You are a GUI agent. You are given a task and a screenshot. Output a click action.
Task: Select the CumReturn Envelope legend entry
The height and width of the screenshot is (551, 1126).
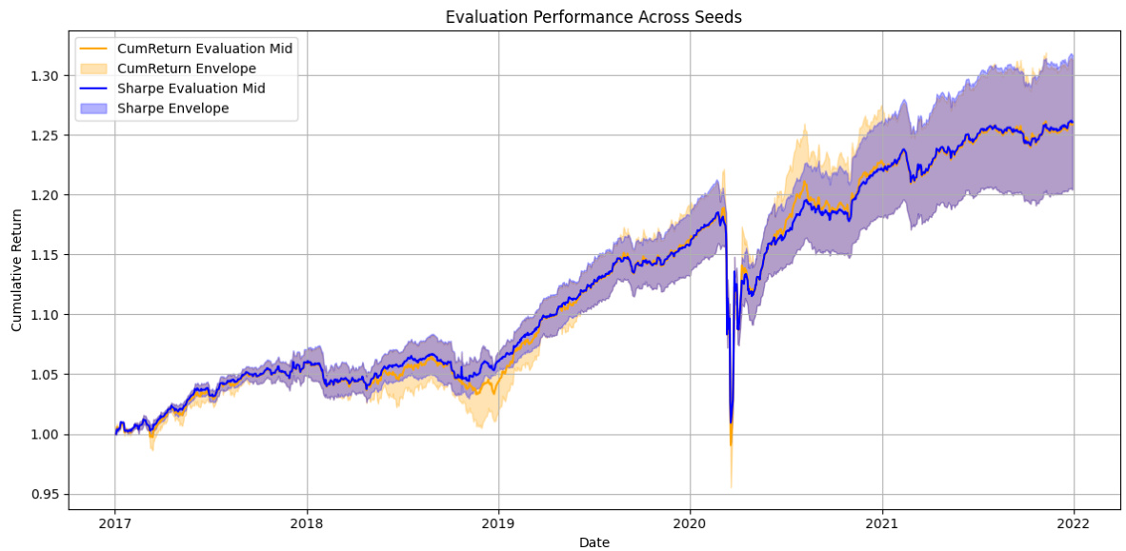186,68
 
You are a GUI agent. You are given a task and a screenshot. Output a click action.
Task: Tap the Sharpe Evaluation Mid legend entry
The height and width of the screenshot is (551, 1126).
191,88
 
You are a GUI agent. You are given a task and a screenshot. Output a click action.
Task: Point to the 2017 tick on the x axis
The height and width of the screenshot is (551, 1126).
115,522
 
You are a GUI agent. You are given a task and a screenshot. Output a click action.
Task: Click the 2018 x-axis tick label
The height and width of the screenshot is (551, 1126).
307,522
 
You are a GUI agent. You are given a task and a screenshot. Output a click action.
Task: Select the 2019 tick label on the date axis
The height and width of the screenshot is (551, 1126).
498,522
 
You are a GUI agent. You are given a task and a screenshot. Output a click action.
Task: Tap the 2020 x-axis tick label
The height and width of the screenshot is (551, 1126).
690,522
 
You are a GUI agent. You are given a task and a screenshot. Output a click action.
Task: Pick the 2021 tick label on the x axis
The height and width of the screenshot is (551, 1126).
882,522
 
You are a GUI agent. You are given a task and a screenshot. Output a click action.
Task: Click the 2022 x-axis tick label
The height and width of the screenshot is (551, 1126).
1074,522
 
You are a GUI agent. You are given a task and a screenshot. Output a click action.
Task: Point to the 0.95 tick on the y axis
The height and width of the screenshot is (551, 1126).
45,494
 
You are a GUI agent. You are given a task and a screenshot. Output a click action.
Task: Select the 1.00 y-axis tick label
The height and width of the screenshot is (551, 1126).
45,434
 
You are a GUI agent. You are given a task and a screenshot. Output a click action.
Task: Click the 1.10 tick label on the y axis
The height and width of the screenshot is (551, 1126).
45,314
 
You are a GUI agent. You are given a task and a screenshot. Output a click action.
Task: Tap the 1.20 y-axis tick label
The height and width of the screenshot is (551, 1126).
45,195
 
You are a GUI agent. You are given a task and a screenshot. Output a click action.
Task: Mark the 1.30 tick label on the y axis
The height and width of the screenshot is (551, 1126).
45,75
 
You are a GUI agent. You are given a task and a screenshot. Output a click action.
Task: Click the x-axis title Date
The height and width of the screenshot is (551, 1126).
594,541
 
